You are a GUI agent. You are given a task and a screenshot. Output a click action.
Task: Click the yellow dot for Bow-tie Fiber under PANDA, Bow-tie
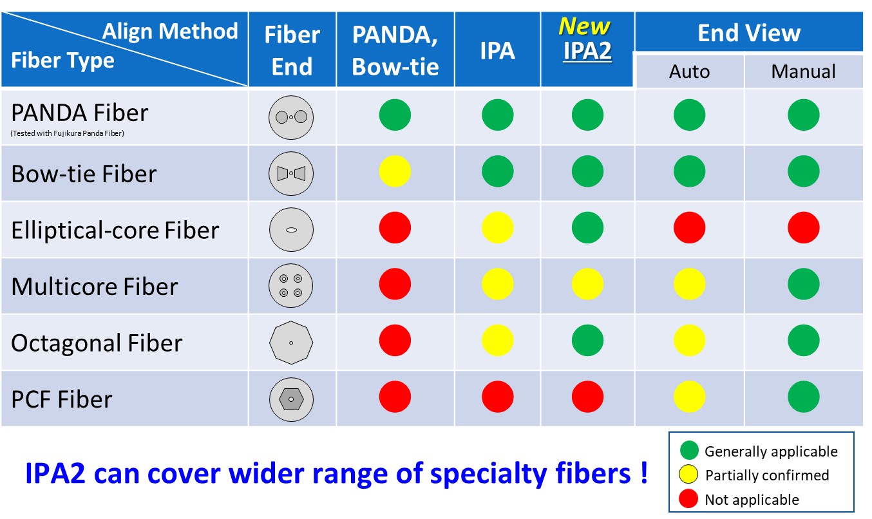coord(395,172)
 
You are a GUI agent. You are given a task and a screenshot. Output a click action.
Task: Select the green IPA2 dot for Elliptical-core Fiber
coord(587,228)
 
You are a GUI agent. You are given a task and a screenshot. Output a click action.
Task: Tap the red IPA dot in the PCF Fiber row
coord(497,397)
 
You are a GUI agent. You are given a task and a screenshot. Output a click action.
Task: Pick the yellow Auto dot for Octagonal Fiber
coord(689,341)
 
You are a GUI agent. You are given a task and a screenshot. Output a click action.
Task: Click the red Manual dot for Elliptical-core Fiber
coord(803,228)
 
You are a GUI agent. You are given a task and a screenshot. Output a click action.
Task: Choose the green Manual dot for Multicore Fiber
coord(803,284)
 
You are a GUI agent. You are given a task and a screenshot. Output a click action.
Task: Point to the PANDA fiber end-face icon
coord(291,117)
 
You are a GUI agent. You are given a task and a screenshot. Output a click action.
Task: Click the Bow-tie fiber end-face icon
coord(291,173)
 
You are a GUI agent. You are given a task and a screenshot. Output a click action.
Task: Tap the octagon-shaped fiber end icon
coord(291,343)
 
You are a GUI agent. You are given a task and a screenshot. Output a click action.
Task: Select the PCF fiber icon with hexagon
coord(291,399)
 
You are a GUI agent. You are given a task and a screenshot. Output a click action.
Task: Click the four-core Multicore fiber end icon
coord(291,286)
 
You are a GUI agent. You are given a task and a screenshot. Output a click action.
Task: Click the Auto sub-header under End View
coord(689,71)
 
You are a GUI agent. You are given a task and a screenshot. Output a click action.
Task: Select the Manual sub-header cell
coord(803,71)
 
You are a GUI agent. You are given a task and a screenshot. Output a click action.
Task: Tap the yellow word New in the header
coord(584,26)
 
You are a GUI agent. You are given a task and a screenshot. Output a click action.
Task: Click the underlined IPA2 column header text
coord(587,52)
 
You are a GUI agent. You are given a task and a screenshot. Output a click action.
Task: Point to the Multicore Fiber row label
coord(94,286)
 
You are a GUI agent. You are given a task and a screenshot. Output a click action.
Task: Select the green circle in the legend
coord(688,451)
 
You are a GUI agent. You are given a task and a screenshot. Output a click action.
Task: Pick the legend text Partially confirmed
coord(767,475)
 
